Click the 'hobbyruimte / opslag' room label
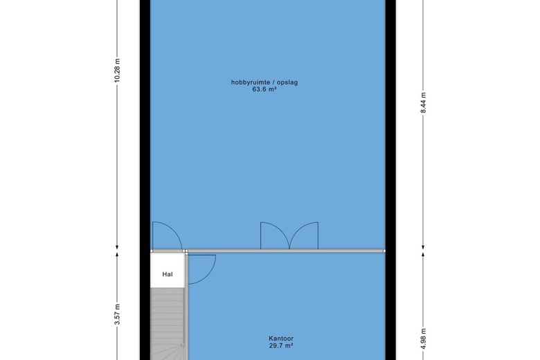264,82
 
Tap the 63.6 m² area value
264,89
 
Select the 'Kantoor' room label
281,339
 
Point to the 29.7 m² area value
281,345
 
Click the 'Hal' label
168,274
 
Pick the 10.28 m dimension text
117,71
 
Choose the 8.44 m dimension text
423,102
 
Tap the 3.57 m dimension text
117,314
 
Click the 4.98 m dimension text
423,339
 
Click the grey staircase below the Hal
168,324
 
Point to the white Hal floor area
168,271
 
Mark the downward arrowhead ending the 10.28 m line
117,246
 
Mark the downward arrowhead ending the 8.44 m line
423,246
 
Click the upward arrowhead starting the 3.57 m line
117,255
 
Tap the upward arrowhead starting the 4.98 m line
423,255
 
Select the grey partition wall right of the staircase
187,307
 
